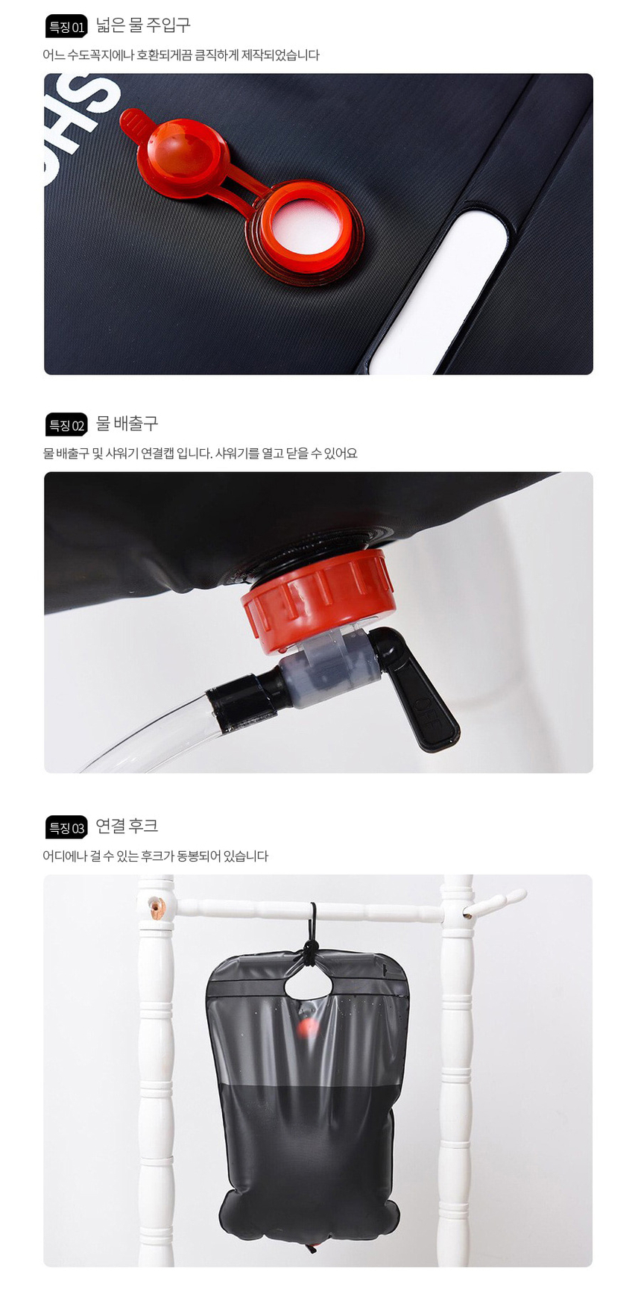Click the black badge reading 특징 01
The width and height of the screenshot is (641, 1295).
(x=66, y=26)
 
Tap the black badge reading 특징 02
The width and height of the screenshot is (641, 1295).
(x=66, y=424)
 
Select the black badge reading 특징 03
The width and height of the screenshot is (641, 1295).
(x=66, y=827)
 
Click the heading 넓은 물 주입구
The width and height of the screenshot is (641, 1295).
(x=143, y=25)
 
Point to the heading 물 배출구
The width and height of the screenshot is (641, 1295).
(x=127, y=423)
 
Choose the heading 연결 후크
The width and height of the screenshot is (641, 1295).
(x=127, y=826)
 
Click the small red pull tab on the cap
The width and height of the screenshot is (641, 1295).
(x=133, y=122)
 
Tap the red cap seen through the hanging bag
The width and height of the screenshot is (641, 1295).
(x=306, y=1028)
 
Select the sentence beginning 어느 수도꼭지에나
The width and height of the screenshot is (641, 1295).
(x=181, y=55)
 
